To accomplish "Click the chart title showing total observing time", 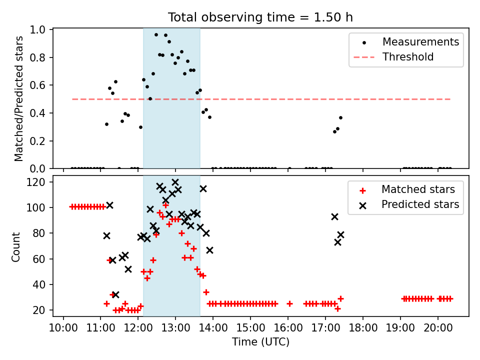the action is pos(260,17).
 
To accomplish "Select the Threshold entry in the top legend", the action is pos(393,57).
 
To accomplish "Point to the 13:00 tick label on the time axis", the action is pos(175,328).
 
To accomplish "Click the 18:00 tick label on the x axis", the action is pos(363,328).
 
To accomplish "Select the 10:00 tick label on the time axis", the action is pos(63,328).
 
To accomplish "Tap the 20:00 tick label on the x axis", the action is pos(438,328).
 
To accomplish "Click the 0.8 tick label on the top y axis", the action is pos(37,57).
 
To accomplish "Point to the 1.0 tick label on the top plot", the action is pos(37,29).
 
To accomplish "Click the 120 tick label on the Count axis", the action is pos(36,182).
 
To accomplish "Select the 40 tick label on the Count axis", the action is pos(39,284).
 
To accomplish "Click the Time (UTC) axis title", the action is pos(260,342).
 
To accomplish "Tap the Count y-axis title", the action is pos(15,247).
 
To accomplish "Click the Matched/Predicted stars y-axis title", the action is pos(18,98).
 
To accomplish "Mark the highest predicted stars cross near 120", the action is pos(175,182).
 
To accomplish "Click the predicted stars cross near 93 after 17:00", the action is pos(334,216).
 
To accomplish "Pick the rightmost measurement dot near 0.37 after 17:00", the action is pos(340,118).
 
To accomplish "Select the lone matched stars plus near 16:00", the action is pos(289,303).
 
